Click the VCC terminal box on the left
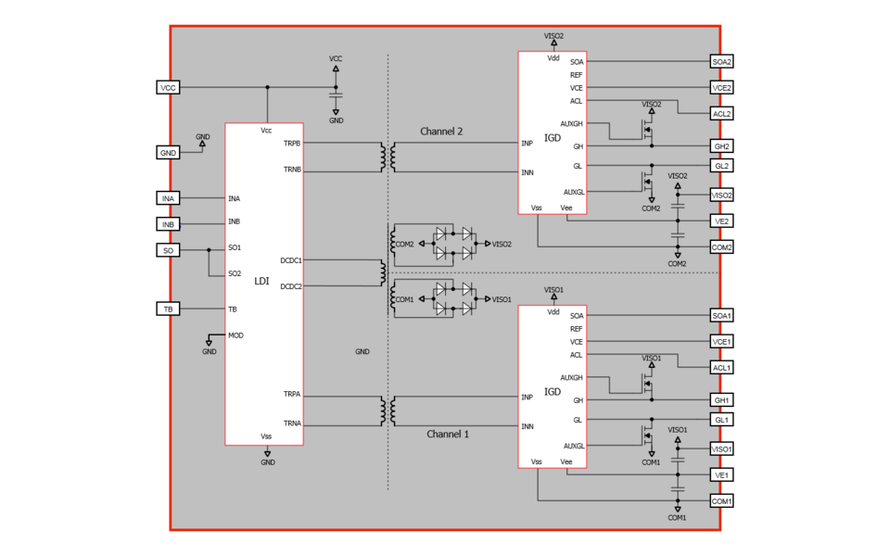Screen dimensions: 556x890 point(168,88)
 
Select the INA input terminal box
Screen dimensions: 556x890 point(168,198)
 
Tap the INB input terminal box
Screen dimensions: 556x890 point(168,224)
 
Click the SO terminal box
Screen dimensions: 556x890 point(168,250)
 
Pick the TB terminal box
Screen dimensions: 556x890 point(168,309)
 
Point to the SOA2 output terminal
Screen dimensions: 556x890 point(721,62)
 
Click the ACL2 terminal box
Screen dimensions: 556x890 point(721,114)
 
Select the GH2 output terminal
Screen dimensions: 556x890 point(721,146)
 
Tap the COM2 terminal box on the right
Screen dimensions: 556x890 point(721,247)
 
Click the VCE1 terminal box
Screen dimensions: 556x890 point(721,342)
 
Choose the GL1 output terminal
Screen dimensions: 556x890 point(721,420)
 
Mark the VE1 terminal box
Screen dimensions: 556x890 point(721,474)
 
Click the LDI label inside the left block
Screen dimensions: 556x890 point(261,281)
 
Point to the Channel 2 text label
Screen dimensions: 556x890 point(441,132)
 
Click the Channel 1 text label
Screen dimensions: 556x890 point(448,434)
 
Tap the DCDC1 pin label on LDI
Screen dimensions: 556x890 point(291,260)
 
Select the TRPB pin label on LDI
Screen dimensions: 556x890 point(292,144)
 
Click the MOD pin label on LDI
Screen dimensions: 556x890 point(235,335)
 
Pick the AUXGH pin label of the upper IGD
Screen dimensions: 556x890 point(572,123)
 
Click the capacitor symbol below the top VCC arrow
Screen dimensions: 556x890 point(336,94)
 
